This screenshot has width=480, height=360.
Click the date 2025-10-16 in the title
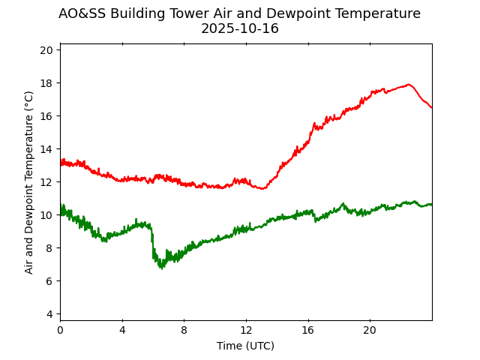click(x=239, y=28)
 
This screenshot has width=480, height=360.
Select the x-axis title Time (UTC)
click(x=245, y=346)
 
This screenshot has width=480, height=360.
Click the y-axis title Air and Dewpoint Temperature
click(x=29, y=182)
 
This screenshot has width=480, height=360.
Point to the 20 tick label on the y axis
click(x=47, y=50)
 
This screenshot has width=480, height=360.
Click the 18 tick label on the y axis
click(x=47, y=83)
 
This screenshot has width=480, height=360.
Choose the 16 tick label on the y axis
click(x=47, y=116)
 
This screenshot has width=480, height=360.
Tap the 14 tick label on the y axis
click(x=47, y=149)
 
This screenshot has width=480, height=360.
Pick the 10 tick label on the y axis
click(x=47, y=215)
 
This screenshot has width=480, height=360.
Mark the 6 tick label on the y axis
click(x=50, y=281)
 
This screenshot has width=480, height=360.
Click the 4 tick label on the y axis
click(x=50, y=314)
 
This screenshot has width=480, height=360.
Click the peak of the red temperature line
click(x=409, y=84)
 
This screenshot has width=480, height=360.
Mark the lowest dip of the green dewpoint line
click(x=161, y=268)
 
